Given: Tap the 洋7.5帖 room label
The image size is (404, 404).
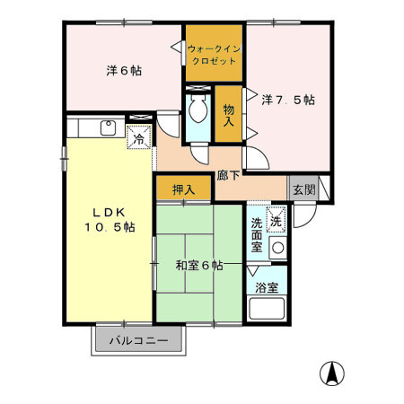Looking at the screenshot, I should (287, 100).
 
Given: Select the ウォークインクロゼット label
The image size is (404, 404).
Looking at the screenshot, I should (215, 55).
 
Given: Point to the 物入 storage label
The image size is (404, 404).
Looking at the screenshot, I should (230, 113).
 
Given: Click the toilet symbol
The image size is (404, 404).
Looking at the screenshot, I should (198, 111).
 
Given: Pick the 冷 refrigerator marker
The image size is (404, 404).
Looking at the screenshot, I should (140, 139).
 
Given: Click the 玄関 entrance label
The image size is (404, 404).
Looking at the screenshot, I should (303, 189).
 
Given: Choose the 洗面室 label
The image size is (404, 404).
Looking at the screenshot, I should (257, 235).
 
